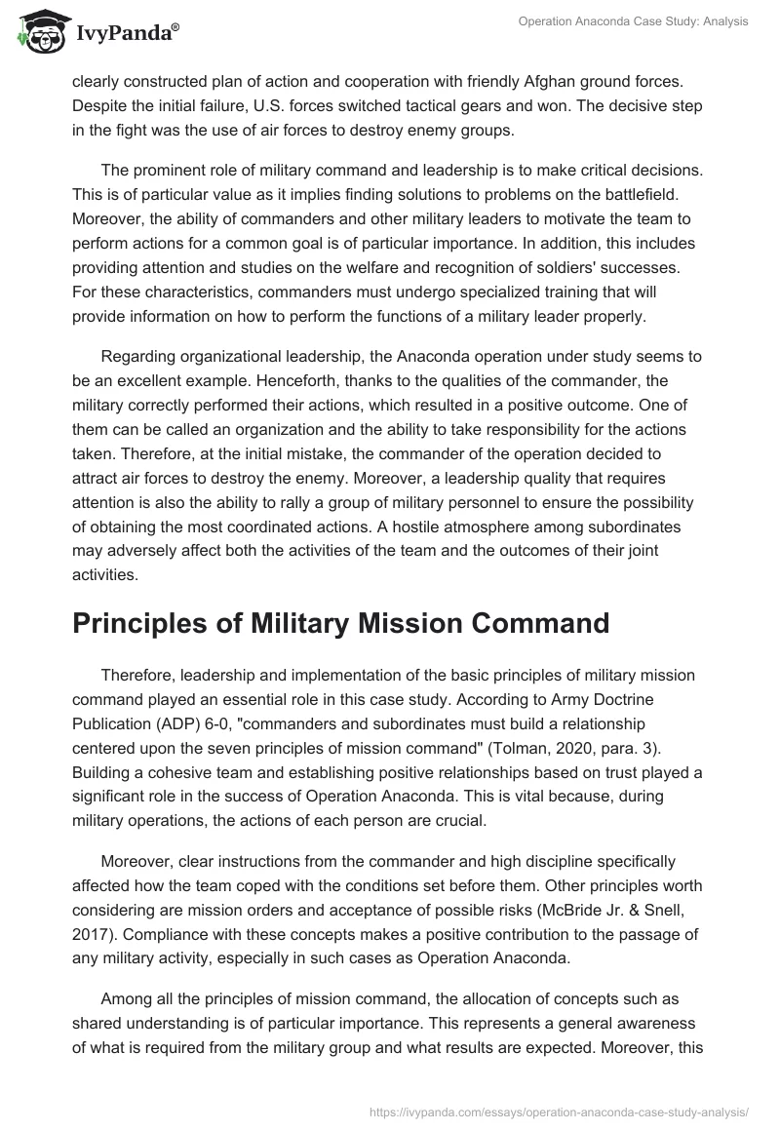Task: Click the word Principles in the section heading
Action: point(144,622)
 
